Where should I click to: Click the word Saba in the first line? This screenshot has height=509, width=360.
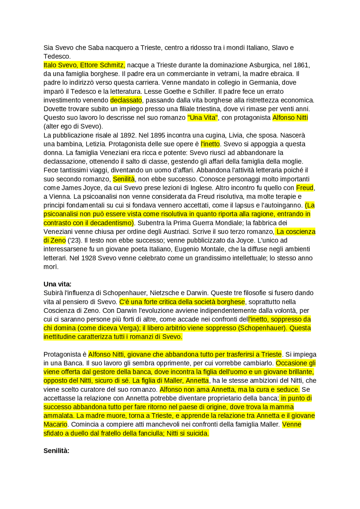coord(96,48)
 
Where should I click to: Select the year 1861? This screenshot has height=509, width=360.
coord(301,65)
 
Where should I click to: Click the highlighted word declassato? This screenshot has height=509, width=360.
coord(126,100)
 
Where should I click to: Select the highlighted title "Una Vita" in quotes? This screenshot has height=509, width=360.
coord(202,118)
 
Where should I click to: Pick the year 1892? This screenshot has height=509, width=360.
coord(128,135)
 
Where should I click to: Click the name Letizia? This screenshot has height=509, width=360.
coord(95,144)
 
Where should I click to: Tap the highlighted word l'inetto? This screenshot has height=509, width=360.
coord(210,144)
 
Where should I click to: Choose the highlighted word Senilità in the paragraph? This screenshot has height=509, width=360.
coord(124,179)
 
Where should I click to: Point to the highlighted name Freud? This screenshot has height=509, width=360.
coord(305,188)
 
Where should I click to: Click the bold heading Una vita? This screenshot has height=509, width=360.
coord(57,284)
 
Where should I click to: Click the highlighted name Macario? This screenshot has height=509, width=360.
coord(55,424)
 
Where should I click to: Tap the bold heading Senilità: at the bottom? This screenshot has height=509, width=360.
coord(56,451)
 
